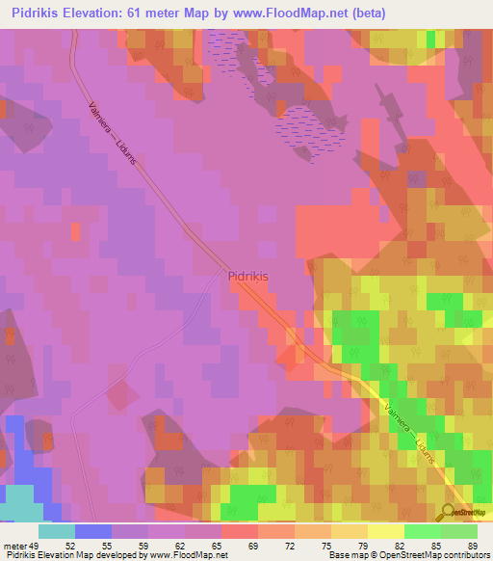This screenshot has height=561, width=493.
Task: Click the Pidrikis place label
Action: [247, 275]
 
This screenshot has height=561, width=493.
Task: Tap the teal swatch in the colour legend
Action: [56, 531]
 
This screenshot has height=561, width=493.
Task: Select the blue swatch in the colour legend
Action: [92, 531]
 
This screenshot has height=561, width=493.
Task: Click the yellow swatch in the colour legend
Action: [385, 531]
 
